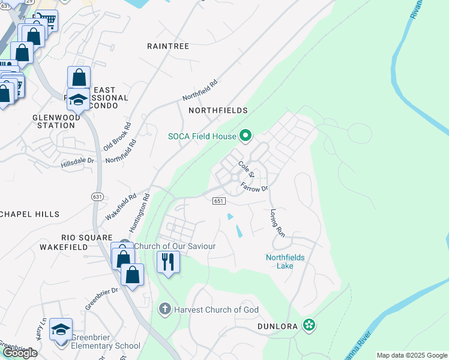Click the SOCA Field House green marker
click(x=245, y=136)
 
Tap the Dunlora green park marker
click(x=309, y=325)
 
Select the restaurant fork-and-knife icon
click(x=168, y=262)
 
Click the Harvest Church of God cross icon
click(x=164, y=310)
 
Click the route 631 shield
click(x=97, y=196)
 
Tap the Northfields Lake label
click(x=285, y=262)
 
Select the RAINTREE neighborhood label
click(x=168, y=46)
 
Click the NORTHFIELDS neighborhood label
click(x=218, y=110)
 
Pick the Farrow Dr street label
click(x=255, y=187)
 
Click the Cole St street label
click(x=247, y=169)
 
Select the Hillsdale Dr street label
click(x=78, y=161)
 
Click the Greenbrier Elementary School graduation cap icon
click(x=60, y=329)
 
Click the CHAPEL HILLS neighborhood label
click(x=30, y=214)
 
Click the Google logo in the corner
click(x=20, y=353)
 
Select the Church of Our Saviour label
click(x=175, y=246)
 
